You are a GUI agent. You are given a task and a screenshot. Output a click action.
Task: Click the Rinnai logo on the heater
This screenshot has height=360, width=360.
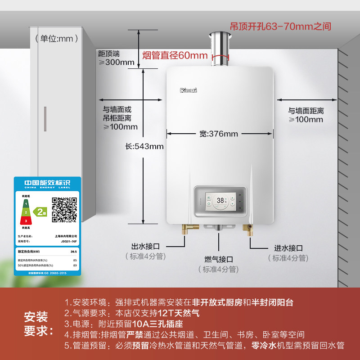click(189, 90)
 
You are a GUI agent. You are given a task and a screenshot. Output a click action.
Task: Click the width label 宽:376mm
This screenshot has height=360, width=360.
click(219, 134)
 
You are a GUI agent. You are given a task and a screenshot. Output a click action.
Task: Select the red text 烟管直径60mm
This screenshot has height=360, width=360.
click(175, 56)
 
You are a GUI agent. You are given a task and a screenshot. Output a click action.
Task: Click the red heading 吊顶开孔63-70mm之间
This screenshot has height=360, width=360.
click(280, 27)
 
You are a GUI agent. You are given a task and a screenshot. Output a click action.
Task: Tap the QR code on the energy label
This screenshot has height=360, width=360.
click(64, 210)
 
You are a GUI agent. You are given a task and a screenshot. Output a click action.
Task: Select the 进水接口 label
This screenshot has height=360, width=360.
click(288, 248)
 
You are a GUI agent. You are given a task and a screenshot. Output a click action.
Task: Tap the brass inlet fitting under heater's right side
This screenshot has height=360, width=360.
click(248, 230)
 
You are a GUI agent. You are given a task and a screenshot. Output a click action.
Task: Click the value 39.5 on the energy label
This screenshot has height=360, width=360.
click(74, 252)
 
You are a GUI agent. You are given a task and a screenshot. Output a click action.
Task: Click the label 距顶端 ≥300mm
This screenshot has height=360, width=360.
click(116, 58)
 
